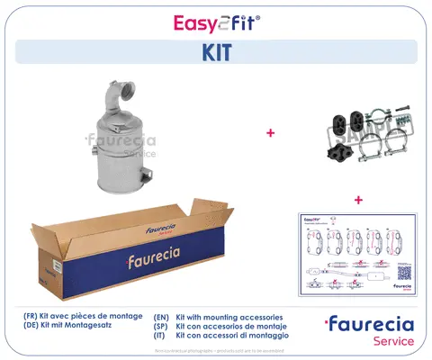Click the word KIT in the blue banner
[215, 52]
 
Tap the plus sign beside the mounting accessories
[270, 133]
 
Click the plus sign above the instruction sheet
[357, 199]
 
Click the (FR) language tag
[32, 318]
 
